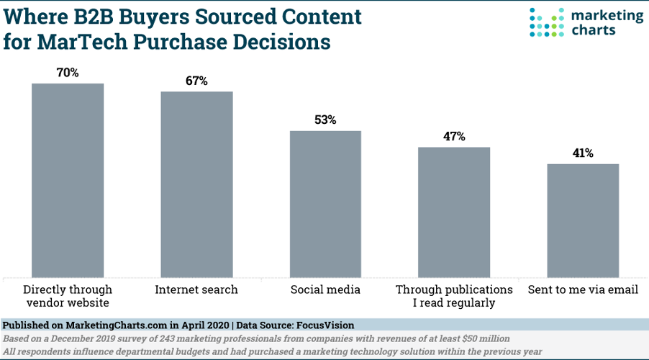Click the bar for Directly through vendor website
pos(68,180)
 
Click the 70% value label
pos(68,73)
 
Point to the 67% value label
pos(196,81)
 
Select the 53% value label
pos(325,120)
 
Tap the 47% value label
pos(454,136)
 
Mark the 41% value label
pos(583,153)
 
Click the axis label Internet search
pos(196,289)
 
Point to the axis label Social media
pos(325,289)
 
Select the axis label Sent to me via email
pos(583,289)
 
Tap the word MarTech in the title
pos(76,42)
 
